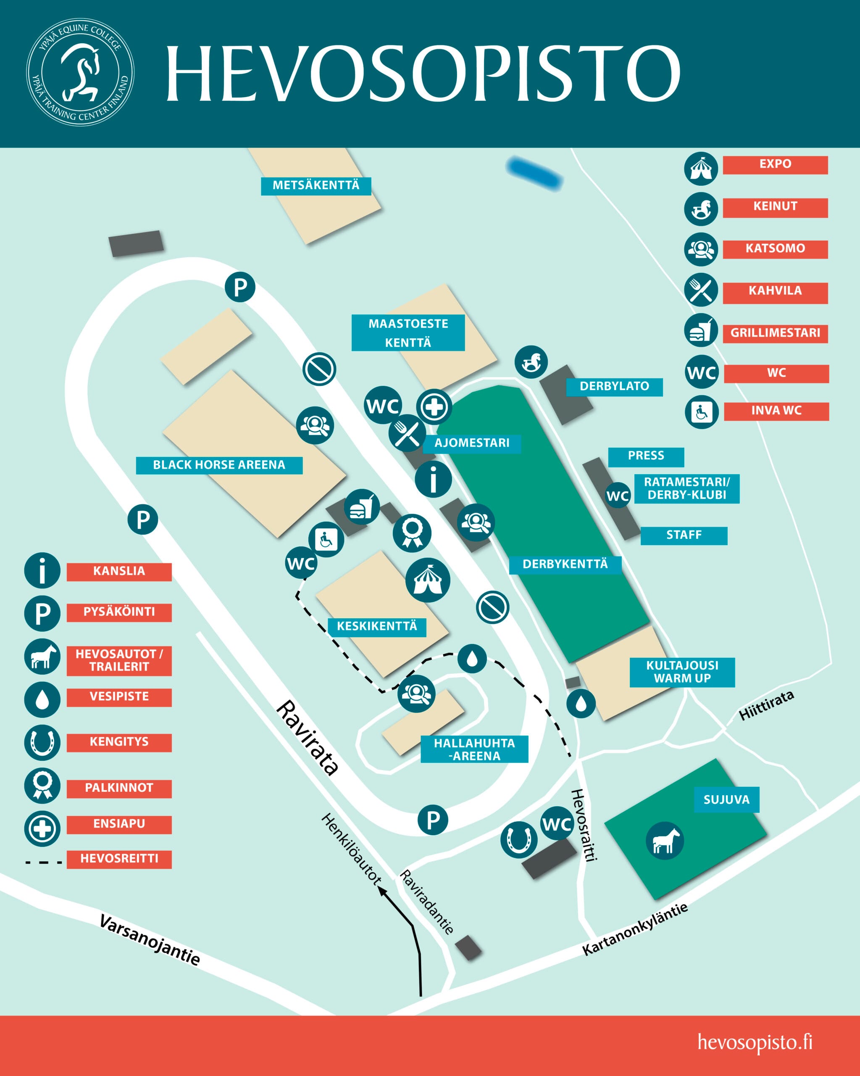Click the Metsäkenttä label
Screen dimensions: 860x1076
(316, 186)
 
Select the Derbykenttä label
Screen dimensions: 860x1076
(565, 564)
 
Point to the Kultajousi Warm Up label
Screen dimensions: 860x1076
(682, 672)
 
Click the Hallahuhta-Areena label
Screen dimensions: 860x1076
(474, 749)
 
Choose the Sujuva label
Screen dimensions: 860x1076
(726, 799)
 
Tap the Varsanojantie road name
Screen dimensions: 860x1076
(150, 940)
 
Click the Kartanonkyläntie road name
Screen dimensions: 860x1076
(635, 929)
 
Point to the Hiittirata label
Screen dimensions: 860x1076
(766, 706)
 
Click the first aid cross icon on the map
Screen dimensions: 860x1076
(434, 407)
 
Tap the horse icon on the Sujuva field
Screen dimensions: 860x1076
(665, 841)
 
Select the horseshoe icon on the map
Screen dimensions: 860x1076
(519, 839)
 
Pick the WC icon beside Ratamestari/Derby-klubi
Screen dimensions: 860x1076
(618, 496)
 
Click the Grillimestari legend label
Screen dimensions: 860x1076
(775, 333)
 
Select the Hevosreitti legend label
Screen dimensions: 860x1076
(119, 859)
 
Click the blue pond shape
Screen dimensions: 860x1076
(534, 173)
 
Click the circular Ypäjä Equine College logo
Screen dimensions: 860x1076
(80, 72)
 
